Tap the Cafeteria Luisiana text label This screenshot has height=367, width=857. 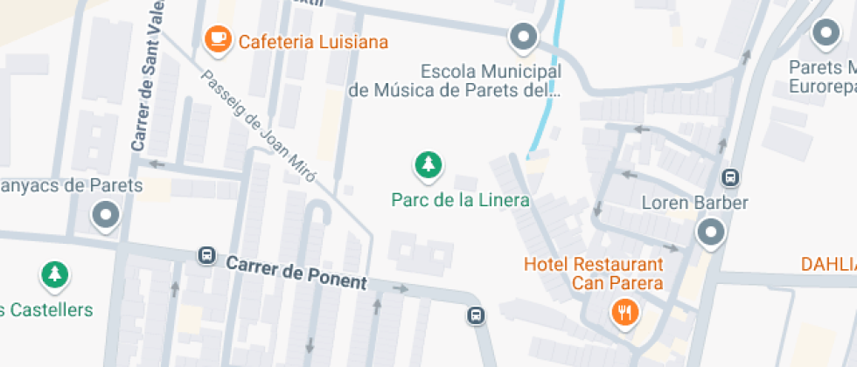coord(313,42)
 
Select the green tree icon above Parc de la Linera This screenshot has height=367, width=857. coord(428,163)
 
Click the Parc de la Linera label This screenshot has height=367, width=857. coord(460,200)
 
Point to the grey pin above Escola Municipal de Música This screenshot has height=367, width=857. coord(523,37)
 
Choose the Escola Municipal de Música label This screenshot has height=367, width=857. coord(454,80)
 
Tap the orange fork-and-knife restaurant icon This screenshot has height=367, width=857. coord(623,312)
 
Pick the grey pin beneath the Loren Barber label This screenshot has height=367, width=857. coord(710,233)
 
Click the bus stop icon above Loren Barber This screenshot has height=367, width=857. coord(729,177)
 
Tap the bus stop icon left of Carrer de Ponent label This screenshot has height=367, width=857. coord(207,255)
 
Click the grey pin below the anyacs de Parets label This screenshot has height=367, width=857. coord(107,214)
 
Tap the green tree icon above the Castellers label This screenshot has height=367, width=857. coord(55,274)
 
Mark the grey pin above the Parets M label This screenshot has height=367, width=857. coord(826,34)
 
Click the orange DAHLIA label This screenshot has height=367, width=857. coord(828,263)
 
